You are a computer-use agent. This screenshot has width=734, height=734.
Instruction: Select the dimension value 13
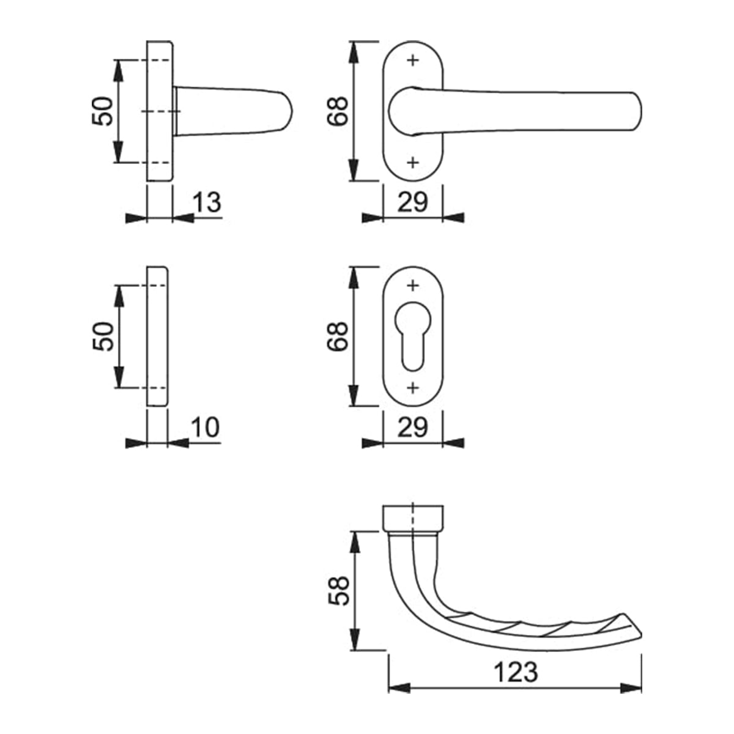pos(207,202)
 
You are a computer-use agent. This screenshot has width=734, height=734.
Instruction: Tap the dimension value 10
pos(205,428)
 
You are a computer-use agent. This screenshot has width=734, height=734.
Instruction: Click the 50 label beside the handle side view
pos(103,111)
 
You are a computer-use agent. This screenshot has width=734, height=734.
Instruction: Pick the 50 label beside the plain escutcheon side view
pos(103,336)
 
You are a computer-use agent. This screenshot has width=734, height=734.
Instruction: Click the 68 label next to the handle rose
pos(338,111)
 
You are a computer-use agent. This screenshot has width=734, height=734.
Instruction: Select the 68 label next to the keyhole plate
pos(338,336)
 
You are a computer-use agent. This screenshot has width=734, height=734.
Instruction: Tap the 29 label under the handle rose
pos(412,202)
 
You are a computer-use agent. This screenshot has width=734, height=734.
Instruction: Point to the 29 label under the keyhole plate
pos(412,428)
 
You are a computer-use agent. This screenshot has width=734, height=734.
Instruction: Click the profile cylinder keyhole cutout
pos(413,333)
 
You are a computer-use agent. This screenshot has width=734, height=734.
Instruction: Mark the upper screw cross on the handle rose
pos(413,60)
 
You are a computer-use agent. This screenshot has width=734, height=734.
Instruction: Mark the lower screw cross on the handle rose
pos(413,162)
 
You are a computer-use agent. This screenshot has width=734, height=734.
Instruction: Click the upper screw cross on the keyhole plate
pos(413,285)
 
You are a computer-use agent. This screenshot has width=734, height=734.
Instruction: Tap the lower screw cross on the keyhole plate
pos(413,387)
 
